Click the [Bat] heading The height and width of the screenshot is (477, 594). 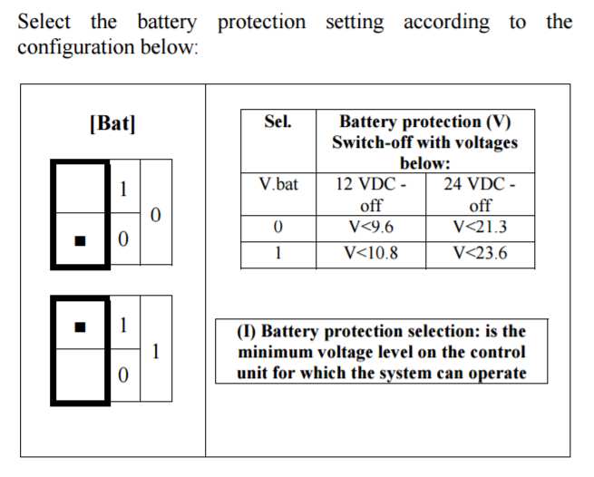[x=112, y=123]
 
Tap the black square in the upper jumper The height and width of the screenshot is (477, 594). [x=81, y=241]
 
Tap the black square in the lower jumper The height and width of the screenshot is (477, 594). [x=81, y=327]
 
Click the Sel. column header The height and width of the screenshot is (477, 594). [x=278, y=122]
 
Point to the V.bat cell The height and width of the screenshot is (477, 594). [x=278, y=184]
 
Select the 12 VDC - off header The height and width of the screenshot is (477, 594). [x=371, y=195]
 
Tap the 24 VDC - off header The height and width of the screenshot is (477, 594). [x=480, y=195]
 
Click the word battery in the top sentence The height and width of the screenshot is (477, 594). [x=167, y=22]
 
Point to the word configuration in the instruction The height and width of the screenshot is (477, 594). [x=76, y=48]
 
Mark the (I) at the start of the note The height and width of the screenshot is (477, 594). [x=247, y=332]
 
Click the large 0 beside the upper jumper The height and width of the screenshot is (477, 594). [x=156, y=215]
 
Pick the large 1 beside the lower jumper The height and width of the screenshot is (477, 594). [x=156, y=351]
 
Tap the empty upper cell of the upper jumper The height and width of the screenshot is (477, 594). [x=81, y=188]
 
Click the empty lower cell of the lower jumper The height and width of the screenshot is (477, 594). [x=81, y=375]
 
